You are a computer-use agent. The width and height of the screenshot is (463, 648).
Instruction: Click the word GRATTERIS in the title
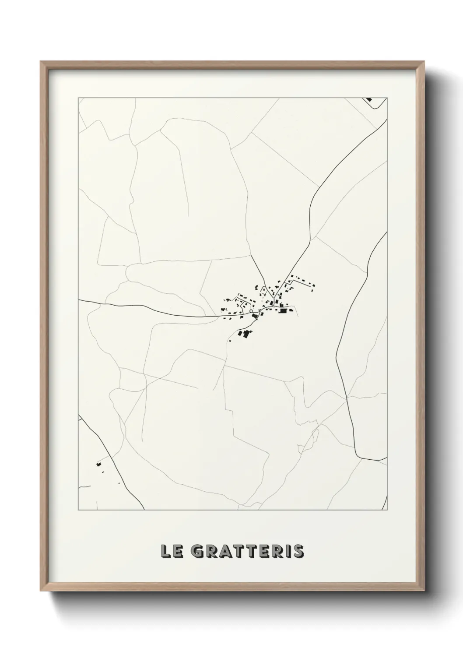[248, 552]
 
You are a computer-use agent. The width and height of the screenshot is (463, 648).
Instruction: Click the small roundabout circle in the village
[252, 312]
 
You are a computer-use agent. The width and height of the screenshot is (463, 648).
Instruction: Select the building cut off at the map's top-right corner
[368, 99]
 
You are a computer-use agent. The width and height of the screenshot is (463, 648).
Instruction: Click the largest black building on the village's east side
[284, 310]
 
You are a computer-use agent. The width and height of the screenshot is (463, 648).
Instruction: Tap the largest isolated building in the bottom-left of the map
[98, 464]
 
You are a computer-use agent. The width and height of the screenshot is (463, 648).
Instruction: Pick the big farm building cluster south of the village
[245, 335]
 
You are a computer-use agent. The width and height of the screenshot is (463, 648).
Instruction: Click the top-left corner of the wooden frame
[41, 62]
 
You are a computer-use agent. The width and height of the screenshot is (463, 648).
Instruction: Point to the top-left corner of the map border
[79, 98]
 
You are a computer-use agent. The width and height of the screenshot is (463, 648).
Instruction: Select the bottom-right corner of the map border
[387, 510]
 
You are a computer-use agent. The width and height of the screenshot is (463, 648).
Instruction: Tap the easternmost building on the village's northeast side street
[313, 287]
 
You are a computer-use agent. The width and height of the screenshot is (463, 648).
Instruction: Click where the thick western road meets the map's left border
[79, 300]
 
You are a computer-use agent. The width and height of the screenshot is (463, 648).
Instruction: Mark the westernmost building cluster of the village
[228, 300]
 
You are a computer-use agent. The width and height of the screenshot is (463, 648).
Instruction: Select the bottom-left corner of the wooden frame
[41, 593]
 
